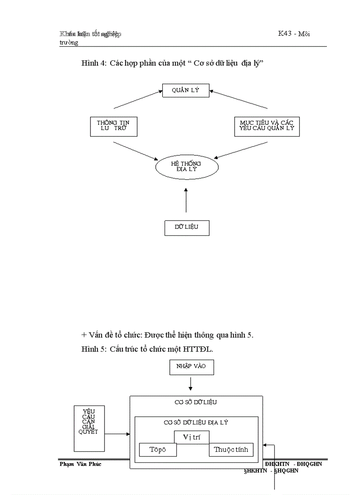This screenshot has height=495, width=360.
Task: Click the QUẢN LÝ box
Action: click(x=186, y=90)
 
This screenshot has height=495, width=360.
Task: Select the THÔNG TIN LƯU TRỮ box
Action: click(x=113, y=126)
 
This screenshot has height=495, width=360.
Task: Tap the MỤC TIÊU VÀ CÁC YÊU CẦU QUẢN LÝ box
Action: click(x=266, y=126)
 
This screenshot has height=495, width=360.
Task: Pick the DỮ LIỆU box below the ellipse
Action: click(x=186, y=227)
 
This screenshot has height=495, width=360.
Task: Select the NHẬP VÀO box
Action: click(x=191, y=367)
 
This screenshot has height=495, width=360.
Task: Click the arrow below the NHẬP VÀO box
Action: click(x=191, y=383)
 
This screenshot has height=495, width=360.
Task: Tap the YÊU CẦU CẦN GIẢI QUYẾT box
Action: click(x=89, y=428)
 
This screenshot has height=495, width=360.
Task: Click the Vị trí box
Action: click(x=191, y=437)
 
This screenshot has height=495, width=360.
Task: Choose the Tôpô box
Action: click(x=157, y=450)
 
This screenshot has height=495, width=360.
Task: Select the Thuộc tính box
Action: click(x=231, y=450)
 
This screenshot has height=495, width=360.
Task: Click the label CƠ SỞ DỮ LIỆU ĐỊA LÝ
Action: click(x=195, y=422)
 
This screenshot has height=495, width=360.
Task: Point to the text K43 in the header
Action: click(x=285, y=34)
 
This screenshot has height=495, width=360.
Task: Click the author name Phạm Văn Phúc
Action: click(x=80, y=464)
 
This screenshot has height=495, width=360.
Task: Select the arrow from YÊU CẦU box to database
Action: click(x=117, y=434)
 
